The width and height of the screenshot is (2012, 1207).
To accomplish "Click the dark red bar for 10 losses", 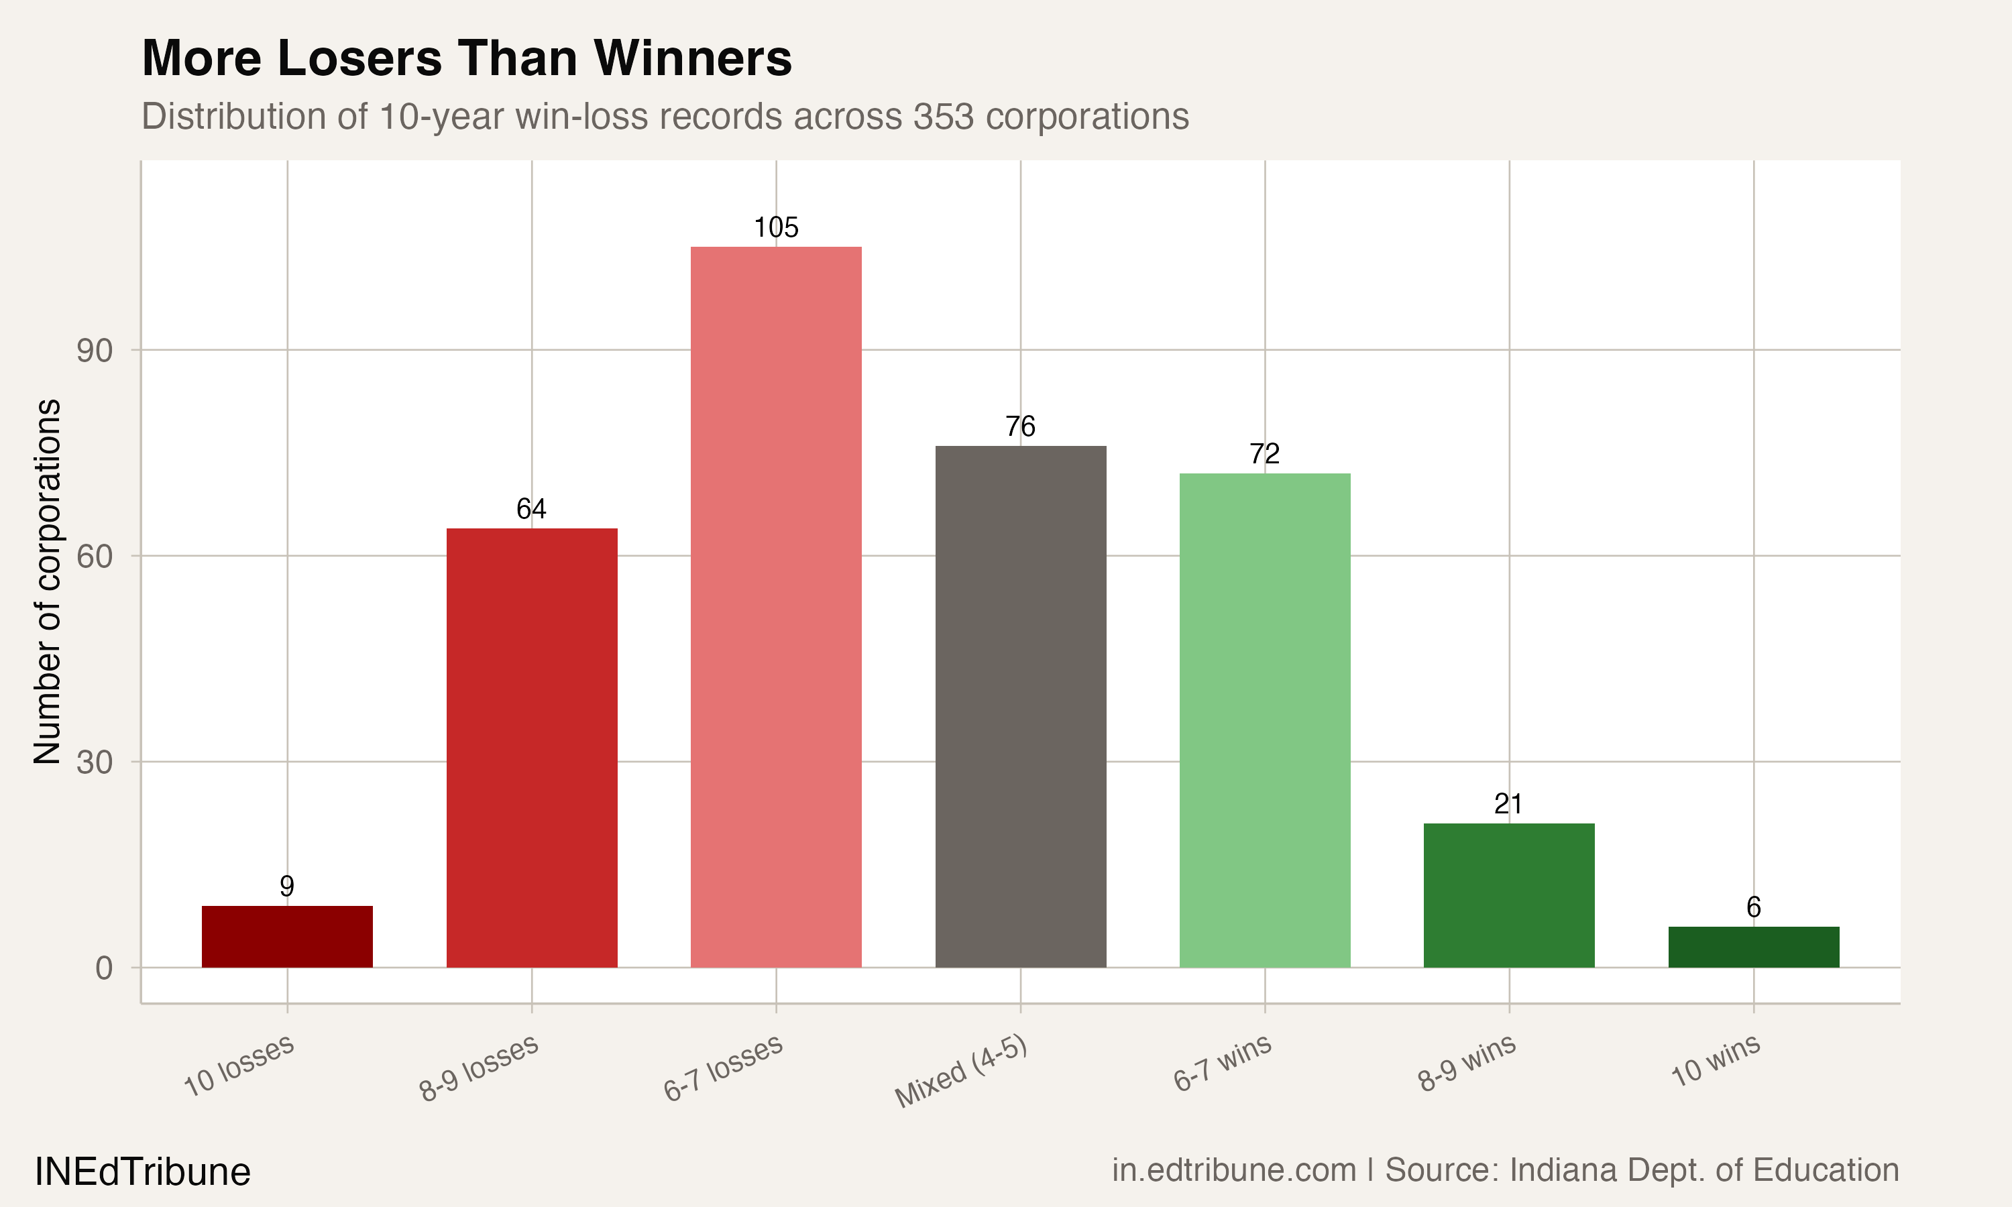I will [287, 937].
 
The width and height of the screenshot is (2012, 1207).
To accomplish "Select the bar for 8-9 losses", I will [532, 748].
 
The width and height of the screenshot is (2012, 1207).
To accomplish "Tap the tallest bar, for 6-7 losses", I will [776, 608].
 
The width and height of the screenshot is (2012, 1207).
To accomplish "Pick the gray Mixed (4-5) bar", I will [1021, 707].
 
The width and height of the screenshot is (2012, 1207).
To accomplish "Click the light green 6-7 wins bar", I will [1265, 721].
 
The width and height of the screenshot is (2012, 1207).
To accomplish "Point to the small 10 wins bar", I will [1753, 947].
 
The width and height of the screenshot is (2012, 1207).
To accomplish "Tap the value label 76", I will [1021, 427].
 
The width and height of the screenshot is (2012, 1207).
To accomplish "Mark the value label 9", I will [287, 886].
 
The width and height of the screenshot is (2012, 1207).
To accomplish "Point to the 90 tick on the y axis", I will [95, 351].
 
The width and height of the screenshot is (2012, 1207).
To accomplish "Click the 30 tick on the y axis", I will [95, 763].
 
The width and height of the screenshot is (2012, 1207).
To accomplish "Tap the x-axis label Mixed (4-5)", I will [961, 1073].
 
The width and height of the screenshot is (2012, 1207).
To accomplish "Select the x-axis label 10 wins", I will [1716, 1061].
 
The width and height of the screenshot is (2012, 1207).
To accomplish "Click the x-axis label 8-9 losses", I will [479, 1069].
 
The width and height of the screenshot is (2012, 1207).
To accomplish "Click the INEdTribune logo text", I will [142, 1172].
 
